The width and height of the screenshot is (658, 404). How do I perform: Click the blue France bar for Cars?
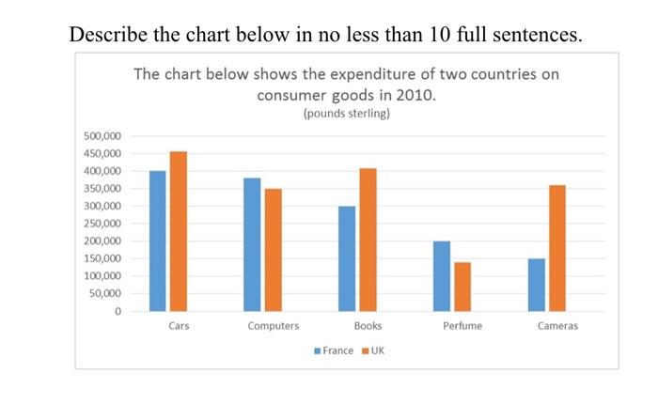(x=158, y=241)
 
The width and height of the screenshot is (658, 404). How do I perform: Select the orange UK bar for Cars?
(x=178, y=231)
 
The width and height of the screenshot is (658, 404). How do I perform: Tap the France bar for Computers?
(x=252, y=244)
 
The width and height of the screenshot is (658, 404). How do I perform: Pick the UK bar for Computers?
(x=273, y=250)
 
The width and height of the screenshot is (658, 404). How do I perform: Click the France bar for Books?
(x=347, y=258)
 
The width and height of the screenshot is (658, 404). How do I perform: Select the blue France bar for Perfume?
(x=442, y=276)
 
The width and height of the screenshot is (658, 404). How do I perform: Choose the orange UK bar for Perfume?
(x=462, y=287)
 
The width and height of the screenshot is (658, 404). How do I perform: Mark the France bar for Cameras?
(x=537, y=285)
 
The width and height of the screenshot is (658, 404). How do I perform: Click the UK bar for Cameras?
(x=556, y=248)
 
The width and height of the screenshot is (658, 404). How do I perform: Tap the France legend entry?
(x=333, y=350)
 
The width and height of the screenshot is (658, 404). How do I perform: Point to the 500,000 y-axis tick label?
(x=103, y=136)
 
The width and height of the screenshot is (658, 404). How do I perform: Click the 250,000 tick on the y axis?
(x=103, y=224)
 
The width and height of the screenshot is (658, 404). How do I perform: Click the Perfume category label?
(x=461, y=326)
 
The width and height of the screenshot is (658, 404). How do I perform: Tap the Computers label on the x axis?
(x=273, y=326)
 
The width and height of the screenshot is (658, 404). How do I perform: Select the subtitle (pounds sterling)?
(x=346, y=114)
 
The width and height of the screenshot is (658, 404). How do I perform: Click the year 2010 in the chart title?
(x=416, y=96)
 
